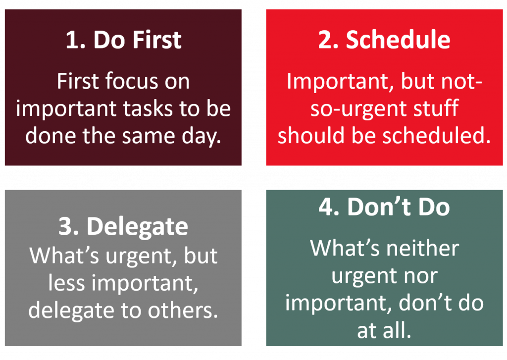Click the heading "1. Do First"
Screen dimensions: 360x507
pos(123,40)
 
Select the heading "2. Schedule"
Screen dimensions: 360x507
pos(384,40)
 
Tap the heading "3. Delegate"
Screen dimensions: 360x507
pos(123,226)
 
